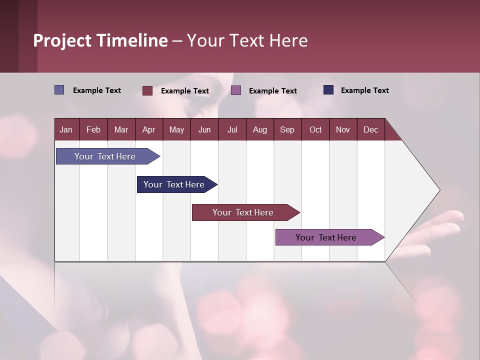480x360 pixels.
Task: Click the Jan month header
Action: coord(66,129)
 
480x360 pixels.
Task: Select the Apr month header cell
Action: coord(149,129)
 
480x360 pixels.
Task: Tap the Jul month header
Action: coord(232,129)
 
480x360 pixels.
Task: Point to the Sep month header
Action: coord(287,129)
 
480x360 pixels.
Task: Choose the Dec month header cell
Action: coord(370,129)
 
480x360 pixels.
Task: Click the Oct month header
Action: coord(315,129)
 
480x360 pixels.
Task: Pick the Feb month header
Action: coord(93,129)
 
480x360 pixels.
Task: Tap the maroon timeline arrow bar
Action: coord(243,212)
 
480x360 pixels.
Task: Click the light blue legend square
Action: coord(59,90)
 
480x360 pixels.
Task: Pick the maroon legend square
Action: coord(147,90)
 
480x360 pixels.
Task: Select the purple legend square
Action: coord(236,90)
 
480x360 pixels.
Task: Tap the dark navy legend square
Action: coord(328,90)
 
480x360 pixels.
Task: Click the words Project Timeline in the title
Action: coord(100,40)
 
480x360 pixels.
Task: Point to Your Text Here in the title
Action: coord(247,40)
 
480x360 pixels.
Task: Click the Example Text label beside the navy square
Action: coord(364,90)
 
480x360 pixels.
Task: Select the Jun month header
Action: coord(204,129)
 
